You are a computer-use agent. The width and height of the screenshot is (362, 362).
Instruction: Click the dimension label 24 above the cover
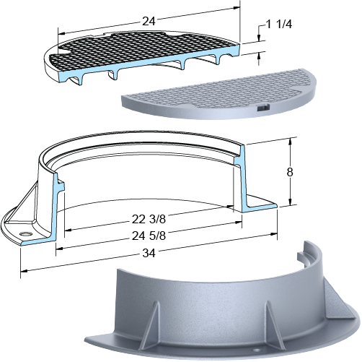(149, 21)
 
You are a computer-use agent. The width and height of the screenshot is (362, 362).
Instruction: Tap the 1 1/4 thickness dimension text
(279, 25)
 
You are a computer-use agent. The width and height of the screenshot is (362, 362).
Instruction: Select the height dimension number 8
(290, 172)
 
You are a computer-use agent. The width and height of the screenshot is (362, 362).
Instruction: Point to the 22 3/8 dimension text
(149, 220)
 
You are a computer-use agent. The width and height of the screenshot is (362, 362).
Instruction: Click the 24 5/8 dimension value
(149, 236)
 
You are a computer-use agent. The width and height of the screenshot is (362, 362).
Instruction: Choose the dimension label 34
(149, 253)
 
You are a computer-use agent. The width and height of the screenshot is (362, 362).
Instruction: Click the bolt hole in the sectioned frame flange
(25, 233)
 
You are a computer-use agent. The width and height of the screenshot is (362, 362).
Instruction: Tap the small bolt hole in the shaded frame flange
(257, 350)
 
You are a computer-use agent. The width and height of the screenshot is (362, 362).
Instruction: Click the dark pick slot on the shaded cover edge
(262, 108)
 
